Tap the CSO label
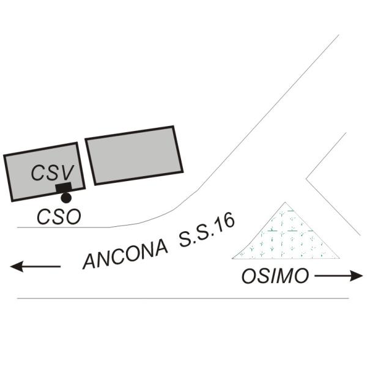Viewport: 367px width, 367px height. (59, 217)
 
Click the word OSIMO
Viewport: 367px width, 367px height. (275, 276)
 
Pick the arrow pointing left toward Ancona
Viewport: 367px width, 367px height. (35, 266)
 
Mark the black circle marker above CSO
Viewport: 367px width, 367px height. (65, 198)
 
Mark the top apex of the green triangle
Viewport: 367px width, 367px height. (286, 203)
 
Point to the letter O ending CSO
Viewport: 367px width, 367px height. (72, 217)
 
